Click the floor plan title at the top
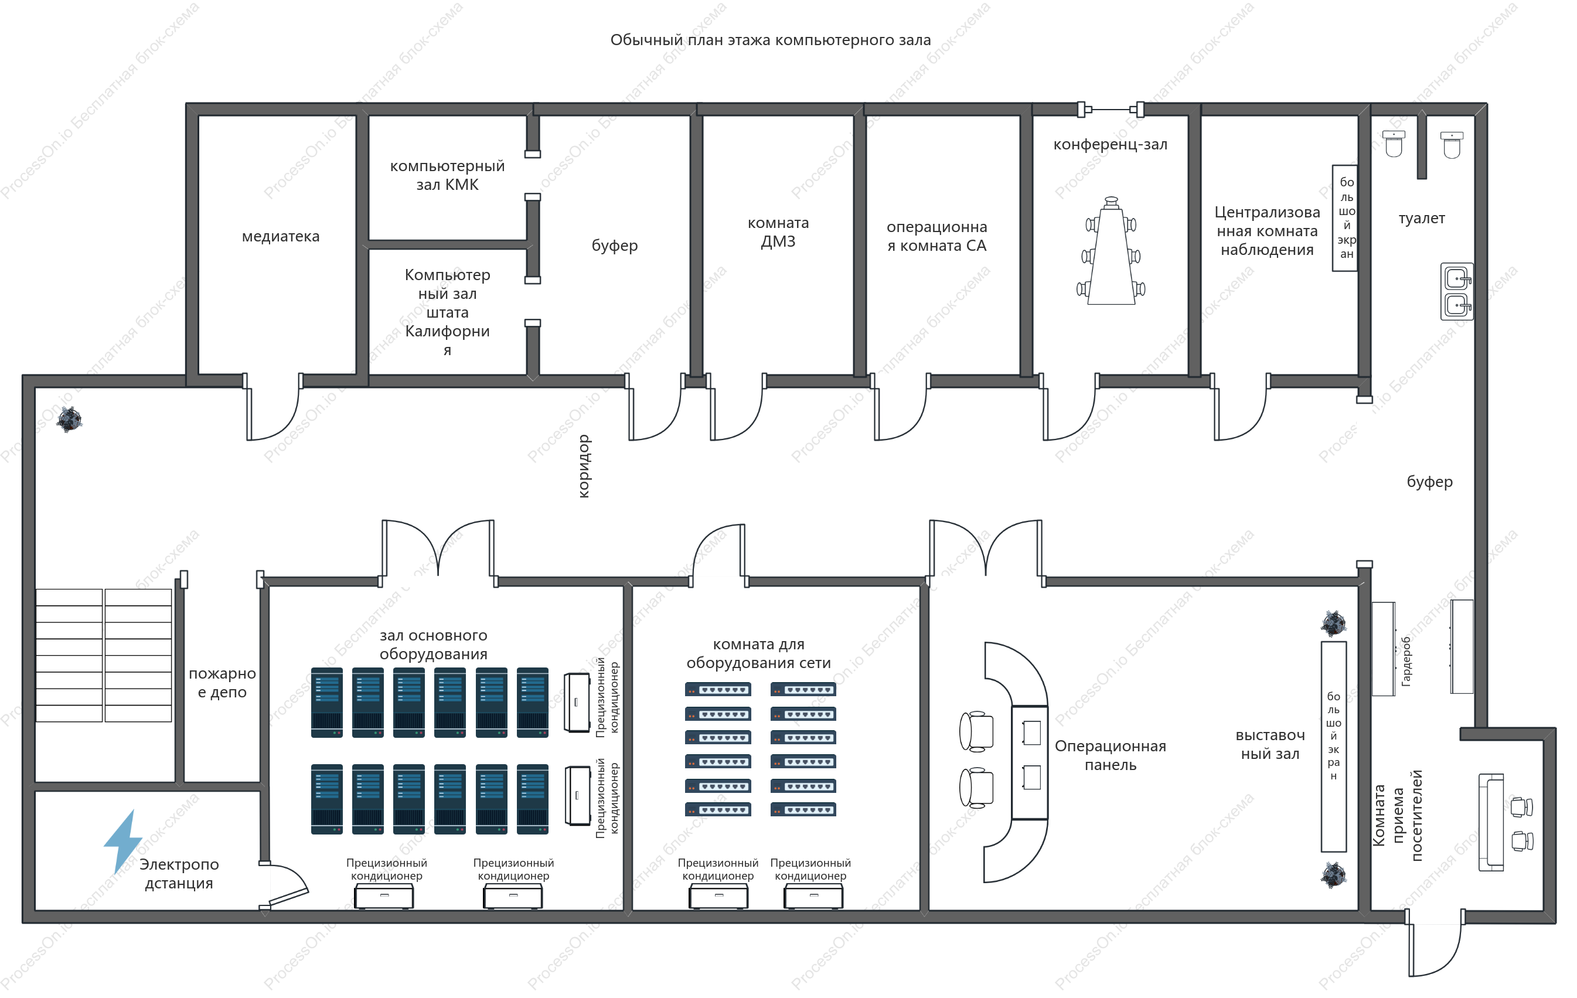[770, 40]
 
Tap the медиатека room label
[280, 236]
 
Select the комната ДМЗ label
[778, 232]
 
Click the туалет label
[1422, 219]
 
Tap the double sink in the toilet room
[1456, 291]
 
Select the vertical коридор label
[584, 466]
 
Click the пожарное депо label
[222, 683]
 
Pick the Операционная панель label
[1110, 755]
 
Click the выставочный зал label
[1270, 745]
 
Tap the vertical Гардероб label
[1405, 662]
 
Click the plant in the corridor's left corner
[69, 419]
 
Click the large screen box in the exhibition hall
[1333, 747]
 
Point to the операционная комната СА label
[936, 236]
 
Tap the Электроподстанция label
[179, 874]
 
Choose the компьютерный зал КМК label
[447, 175]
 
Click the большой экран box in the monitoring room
[1344, 218]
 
